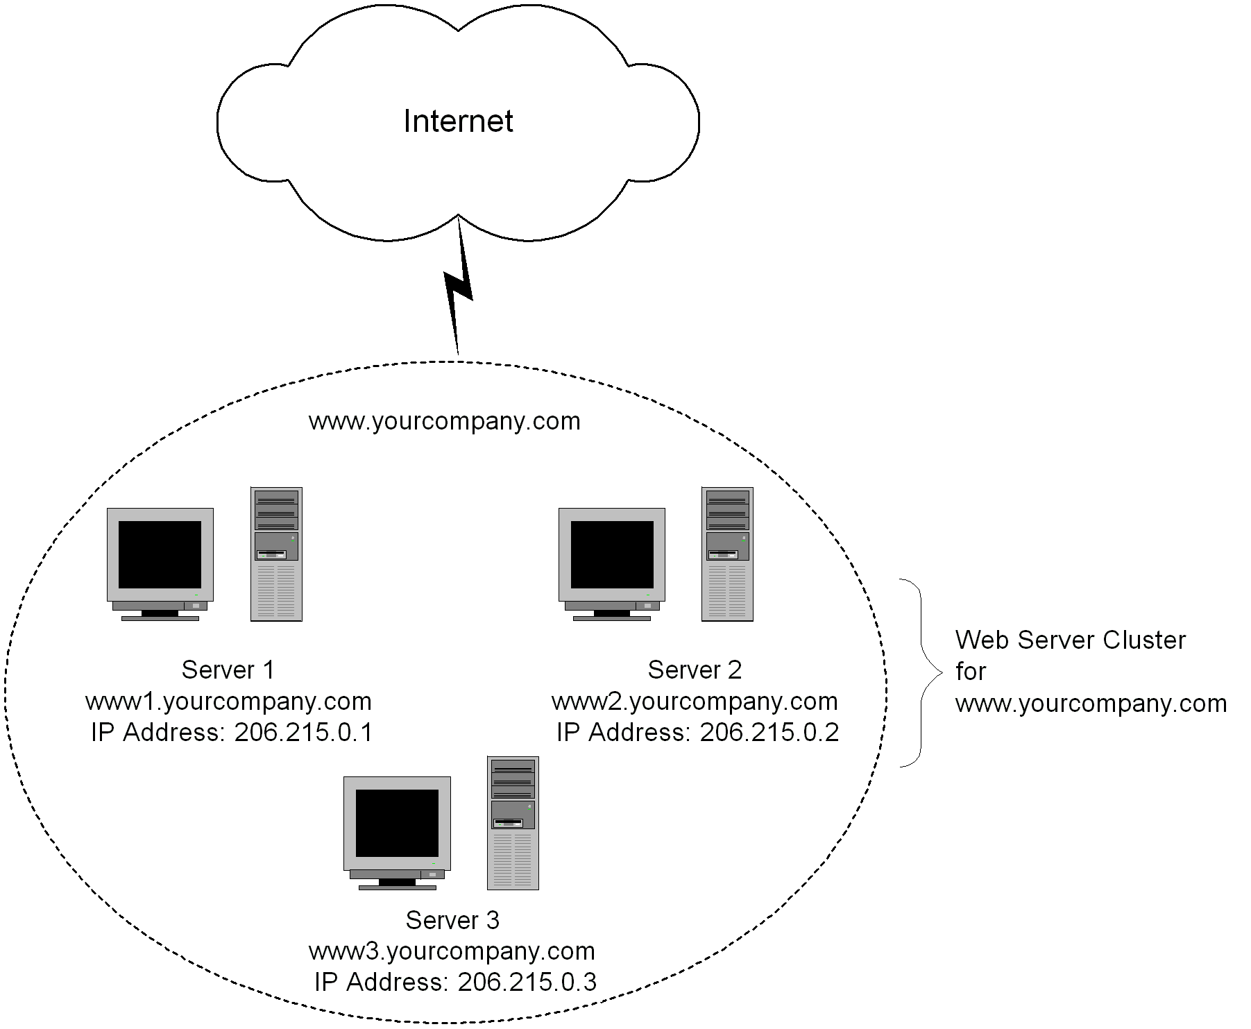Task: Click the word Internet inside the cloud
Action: coord(458,121)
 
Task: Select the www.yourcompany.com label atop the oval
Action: coord(444,421)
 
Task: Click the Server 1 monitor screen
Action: coord(160,554)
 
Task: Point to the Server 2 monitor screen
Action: coord(612,554)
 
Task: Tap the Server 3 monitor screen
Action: coord(397,823)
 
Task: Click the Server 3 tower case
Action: coord(513,823)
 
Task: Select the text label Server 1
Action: coord(228,670)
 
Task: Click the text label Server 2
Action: coord(695,670)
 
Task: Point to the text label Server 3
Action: coord(452,920)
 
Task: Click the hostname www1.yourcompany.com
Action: coord(228,701)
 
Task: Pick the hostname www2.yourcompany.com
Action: coord(695,701)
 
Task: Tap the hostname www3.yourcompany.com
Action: coord(452,951)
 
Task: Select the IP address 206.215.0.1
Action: coord(303,733)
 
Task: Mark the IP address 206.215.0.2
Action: coord(769,733)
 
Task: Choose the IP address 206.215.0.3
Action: coord(527,983)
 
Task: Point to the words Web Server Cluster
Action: coord(1070,640)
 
